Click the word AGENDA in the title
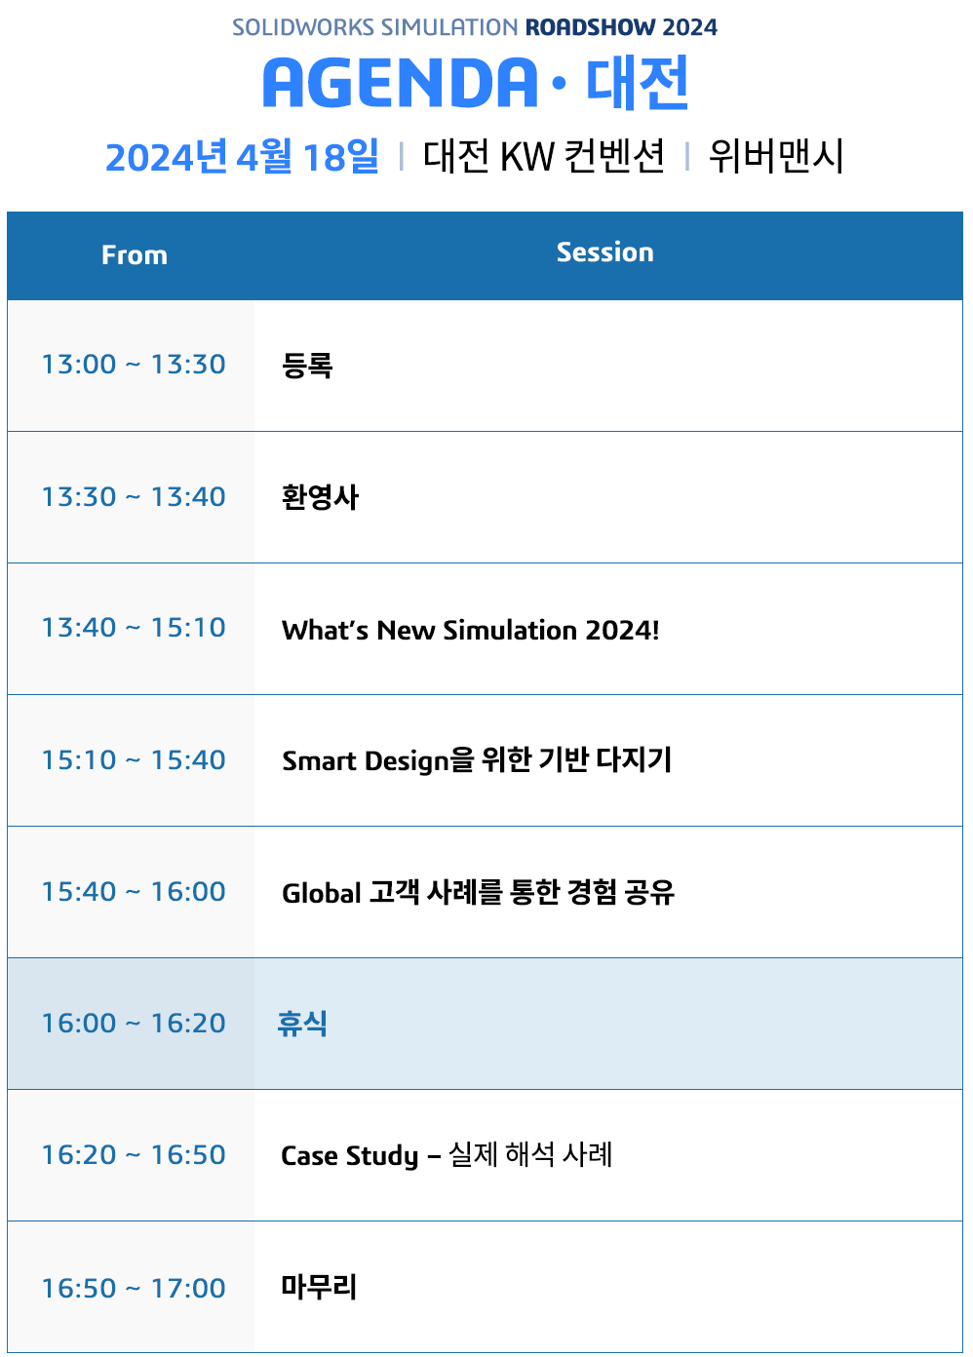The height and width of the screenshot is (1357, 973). pyautogui.click(x=401, y=83)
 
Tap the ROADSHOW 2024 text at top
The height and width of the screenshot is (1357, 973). pyautogui.click(x=621, y=27)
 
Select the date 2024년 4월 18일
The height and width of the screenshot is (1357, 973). pyautogui.click(x=243, y=156)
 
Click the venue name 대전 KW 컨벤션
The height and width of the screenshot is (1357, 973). pyautogui.click(x=543, y=156)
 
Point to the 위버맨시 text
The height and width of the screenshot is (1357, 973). pyautogui.click(x=776, y=156)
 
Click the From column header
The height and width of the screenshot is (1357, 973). pyautogui.click(x=135, y=255)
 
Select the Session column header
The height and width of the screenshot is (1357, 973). pyautogui.click(x=605, y=252)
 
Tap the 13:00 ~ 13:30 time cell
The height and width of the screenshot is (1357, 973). pyautogui.click(x=134, y=364)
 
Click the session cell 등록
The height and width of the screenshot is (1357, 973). pyautogui.click(x=307, y=366)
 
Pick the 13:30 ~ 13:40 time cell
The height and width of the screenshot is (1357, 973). pyautogui.click(x=134, y=497)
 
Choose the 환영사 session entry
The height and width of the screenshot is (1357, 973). pyautogui.click(x=320, y=497)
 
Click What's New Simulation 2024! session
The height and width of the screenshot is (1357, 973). pyautogui.click(x=470, y=630)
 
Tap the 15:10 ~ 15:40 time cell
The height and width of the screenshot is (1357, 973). pyautogui.click(x=134, y=759)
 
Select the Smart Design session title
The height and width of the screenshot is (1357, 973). pyautogui.click(x=477, y=760)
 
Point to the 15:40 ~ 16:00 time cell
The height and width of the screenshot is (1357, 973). pyautogui.click(x=134, y=892)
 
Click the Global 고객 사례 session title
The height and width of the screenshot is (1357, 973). pyautogui.click(x=478, y=892)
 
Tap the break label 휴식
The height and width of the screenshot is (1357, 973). pyautogui.click(x=302, y=1024)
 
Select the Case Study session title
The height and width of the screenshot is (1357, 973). pyautogui.click(x=448, y=1154)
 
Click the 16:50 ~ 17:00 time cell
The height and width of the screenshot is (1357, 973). pyautogui.click(x=134, y=1288)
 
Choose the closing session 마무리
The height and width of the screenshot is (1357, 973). pyautogui.click(x=319, y=1287)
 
